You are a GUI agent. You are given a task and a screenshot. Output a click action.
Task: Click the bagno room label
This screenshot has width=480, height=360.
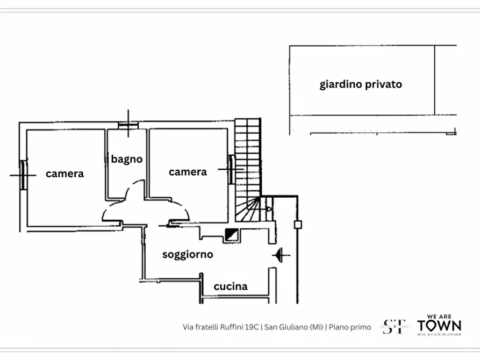[x=127, y=159]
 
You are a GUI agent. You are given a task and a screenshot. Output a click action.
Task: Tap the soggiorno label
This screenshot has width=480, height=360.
[x=188, y=255]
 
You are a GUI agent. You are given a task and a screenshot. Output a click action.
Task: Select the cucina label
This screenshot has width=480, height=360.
[x=231, y=286]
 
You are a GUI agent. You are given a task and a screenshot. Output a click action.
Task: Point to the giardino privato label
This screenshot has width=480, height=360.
[x=361, y=84]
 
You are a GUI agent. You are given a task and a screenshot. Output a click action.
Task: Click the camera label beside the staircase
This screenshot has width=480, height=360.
[x=188, y=172]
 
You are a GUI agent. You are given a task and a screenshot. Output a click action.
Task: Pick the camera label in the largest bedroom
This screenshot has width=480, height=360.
[x=65, y=174]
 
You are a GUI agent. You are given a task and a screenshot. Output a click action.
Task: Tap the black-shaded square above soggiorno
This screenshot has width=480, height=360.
[x=232, y=234]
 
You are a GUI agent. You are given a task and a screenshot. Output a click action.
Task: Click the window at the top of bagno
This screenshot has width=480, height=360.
[x=128, y=126]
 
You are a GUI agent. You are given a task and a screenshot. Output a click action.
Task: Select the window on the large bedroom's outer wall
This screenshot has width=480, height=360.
[x=23, y=174]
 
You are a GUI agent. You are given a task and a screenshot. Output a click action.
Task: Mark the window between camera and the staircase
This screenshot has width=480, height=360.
[x=231, y=170]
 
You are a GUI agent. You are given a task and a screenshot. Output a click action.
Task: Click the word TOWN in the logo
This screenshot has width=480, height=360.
[x=439, y=326]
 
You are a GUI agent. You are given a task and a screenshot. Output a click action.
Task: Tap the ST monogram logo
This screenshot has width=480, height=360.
[x=395, y=327]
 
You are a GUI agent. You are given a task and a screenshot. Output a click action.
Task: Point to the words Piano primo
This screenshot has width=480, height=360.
[x=350, y=327]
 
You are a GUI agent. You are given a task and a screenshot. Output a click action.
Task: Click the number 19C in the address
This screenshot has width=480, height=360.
[x=249, y=327]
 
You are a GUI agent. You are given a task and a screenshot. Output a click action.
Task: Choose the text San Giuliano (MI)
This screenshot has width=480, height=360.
[x=293, y=327]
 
